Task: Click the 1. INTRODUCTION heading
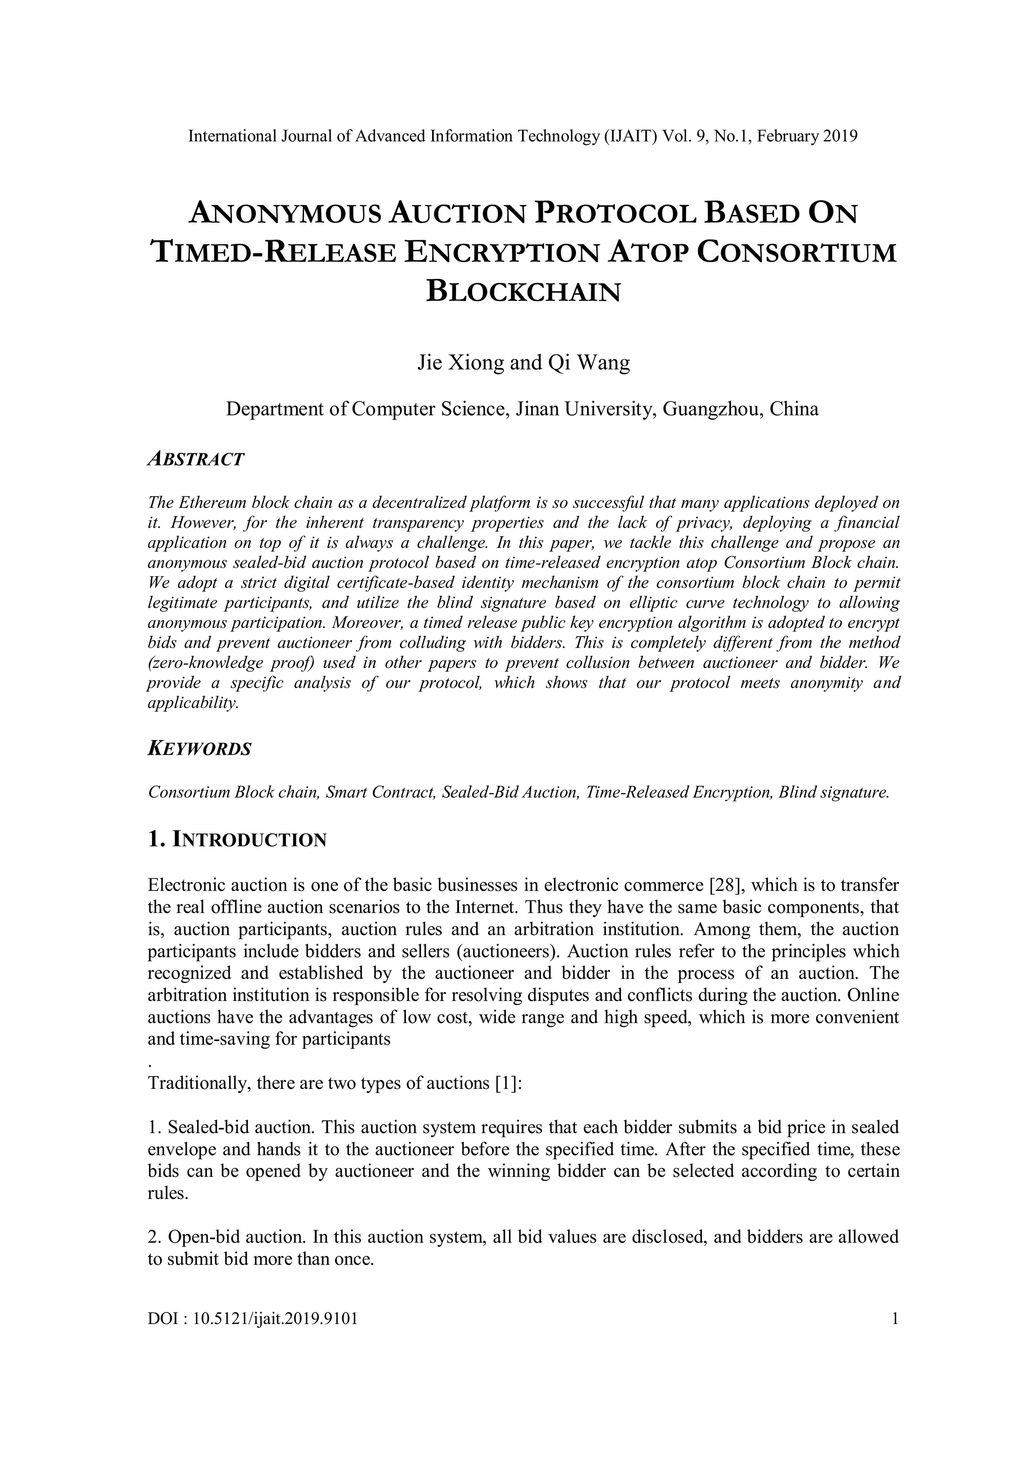click(x=237, y=840)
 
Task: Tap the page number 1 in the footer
click(x=895, y=1318)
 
